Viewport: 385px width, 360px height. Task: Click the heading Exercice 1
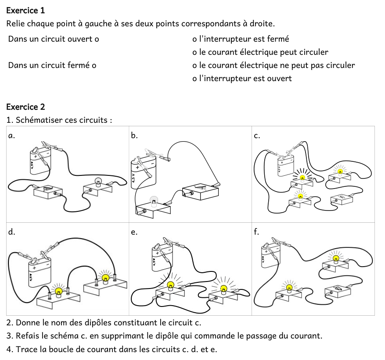click(26, 10)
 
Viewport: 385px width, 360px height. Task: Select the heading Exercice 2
click(26, 107)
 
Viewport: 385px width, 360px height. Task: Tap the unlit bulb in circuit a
click(99, 181)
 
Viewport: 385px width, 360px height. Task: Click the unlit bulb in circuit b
click(153, 201)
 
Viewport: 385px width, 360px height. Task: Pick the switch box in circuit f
click(338, 290)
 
